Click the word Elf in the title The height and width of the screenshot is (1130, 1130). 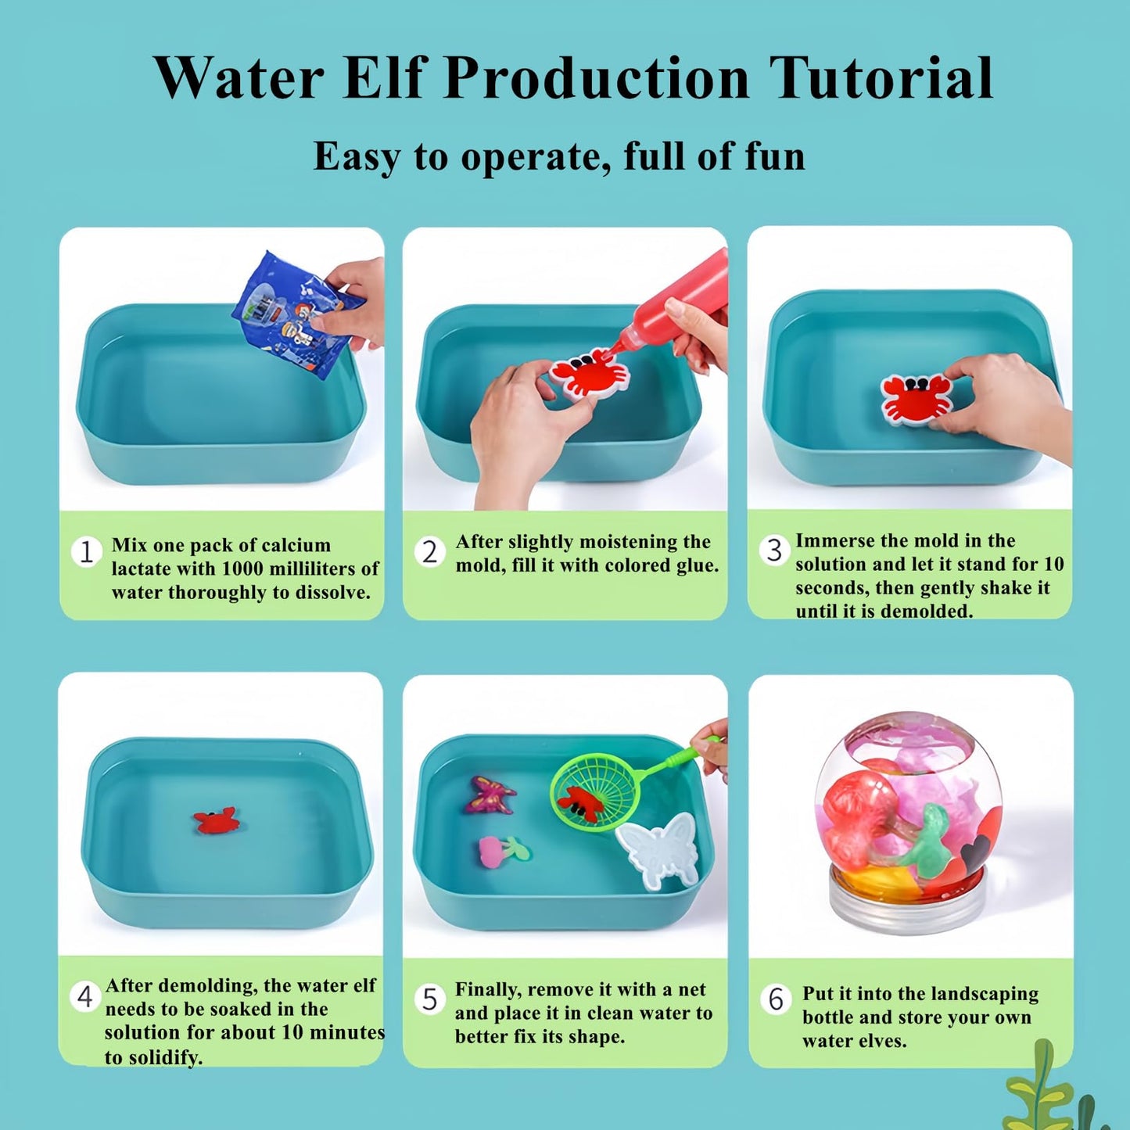click(382, 78)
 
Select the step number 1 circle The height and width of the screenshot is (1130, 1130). click(87, 552)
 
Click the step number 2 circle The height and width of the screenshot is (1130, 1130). click(430, 552)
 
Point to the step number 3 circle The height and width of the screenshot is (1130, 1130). click(774, 551)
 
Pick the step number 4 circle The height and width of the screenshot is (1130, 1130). click(85, 996)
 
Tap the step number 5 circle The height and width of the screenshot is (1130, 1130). click(430, 999)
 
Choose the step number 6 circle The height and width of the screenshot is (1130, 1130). click(775, 999)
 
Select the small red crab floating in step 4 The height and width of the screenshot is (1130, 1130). click(217, 820)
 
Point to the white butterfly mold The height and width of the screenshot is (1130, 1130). click(658, 850)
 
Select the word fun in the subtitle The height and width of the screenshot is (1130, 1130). click(775, 156)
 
